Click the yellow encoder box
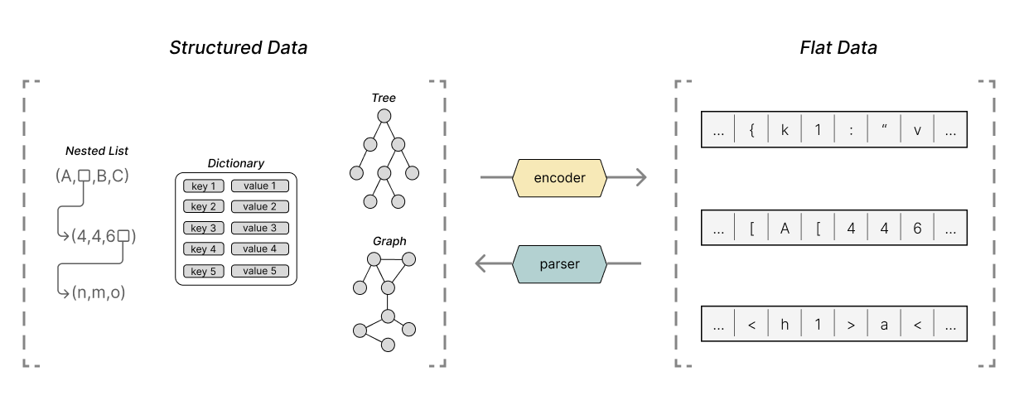coord(561,177)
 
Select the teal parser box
coord(561,264)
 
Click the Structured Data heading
coord(238,47)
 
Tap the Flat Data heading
coord(838,47)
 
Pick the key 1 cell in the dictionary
coord(203,186)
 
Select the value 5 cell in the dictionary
coord(260,271)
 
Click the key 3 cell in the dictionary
coord(203,228)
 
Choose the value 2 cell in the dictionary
coord(260,207)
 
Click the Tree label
coord(383,98)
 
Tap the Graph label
coord(389,241)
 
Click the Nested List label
coord(97,151)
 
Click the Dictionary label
coord(236,164)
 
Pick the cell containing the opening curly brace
coord(751,130)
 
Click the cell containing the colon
coord(851,130)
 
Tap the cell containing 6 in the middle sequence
coord(917,228)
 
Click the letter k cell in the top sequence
coord(785,130)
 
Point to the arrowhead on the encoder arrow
coord(640,177)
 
